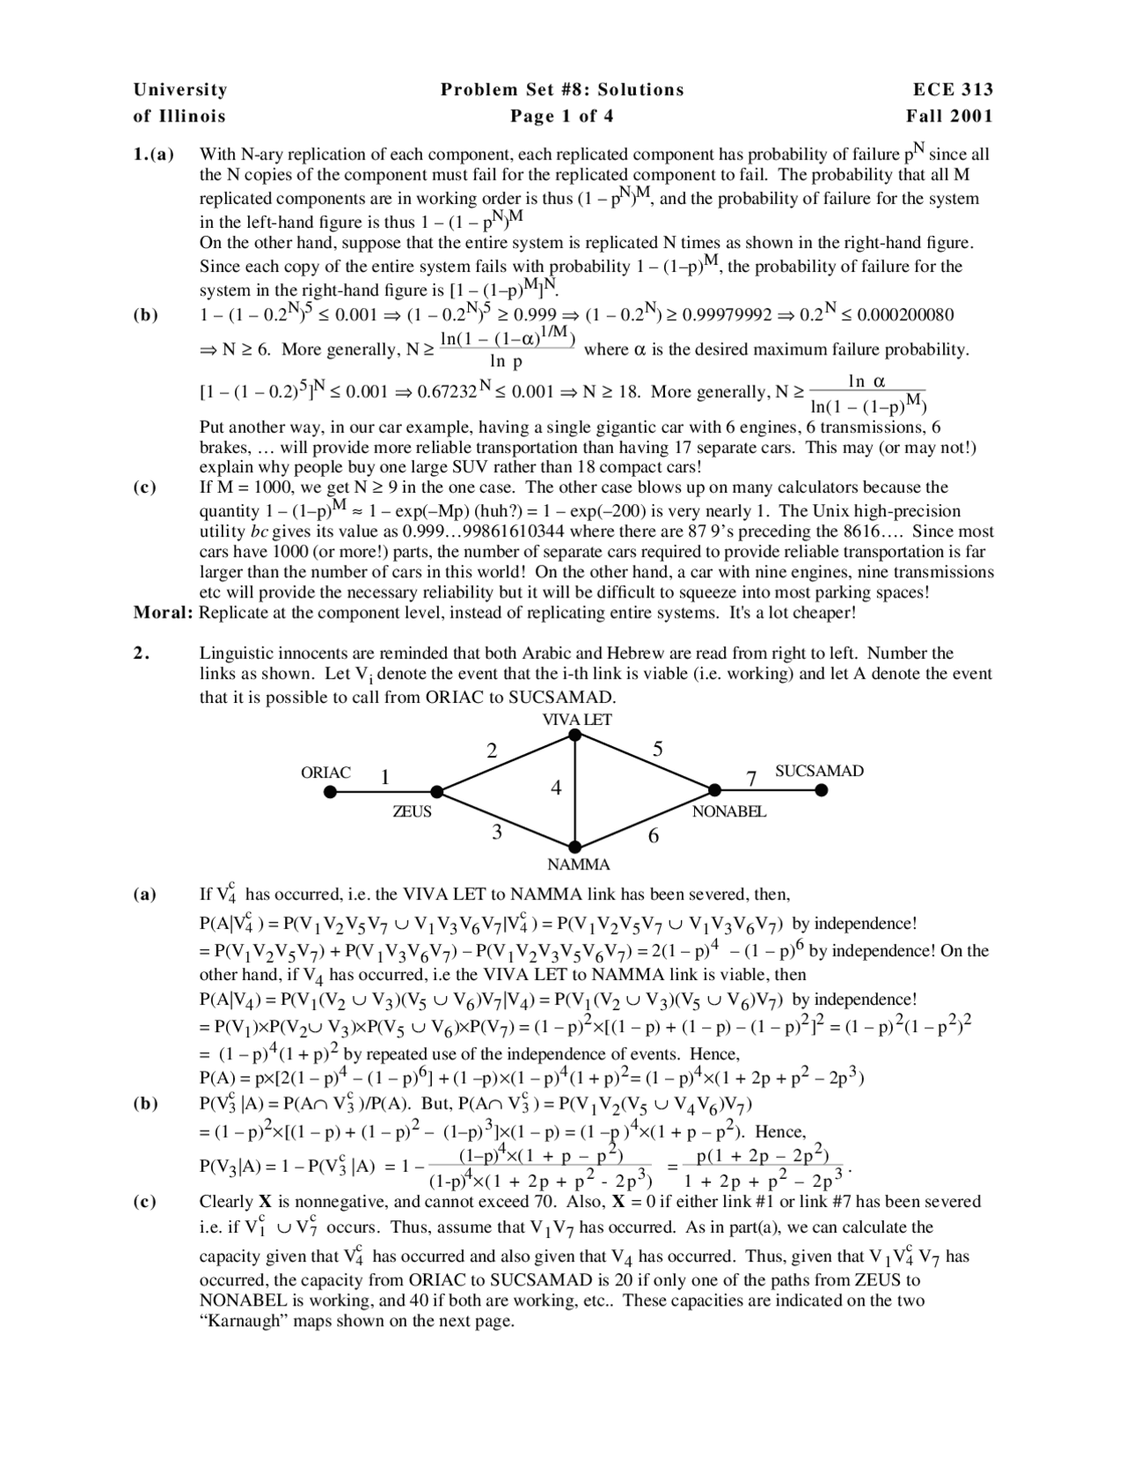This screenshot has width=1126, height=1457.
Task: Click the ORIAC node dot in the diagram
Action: pos(330,792)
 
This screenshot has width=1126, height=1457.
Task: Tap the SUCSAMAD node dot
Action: pos(821,790)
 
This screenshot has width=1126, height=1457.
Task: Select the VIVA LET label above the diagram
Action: pos(577,719)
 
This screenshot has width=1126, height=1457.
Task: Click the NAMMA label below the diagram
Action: pos(578,864)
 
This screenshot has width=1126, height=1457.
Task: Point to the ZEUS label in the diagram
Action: pos(412,812)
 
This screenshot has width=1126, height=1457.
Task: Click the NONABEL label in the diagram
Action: pos(728,811)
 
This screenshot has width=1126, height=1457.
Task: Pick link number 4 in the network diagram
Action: pos(556,788)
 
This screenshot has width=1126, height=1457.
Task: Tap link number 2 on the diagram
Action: pos(492,751)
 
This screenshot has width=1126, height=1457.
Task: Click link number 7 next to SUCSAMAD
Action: pos(751,778)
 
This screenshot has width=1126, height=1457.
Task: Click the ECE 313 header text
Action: pos(954,90)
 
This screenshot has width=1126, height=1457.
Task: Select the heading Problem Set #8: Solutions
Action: pos(562,90)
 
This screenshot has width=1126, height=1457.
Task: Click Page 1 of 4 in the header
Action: pos(562,116)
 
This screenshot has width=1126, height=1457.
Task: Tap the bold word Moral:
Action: pos(164,613)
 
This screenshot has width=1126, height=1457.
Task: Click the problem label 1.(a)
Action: pos(154,155)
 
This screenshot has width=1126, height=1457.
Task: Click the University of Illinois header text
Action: pos(180,103)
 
